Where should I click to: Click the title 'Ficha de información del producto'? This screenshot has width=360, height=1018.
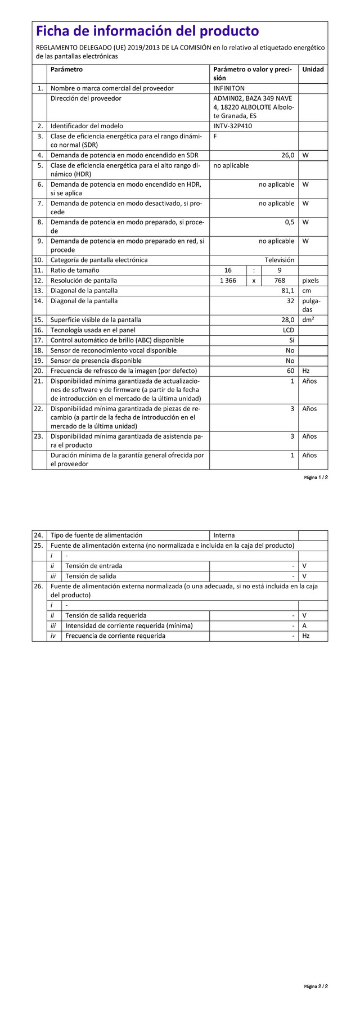pyautogui.click(x=147, y=31)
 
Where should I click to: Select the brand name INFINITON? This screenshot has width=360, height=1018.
pyautogui.click(x=229, y=88)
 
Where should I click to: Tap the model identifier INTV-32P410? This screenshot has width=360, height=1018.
pyautogui.click(x=232, y=126)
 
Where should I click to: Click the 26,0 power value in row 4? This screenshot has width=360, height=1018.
pyautogui.click(x=287, y=155)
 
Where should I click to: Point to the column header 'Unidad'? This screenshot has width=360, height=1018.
pyautogui.click(x=313, y=70)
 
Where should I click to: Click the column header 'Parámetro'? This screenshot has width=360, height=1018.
pyautogui.click(x=66, y=70)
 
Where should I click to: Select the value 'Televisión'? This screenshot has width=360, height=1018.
pyautogui.click(x=280, y=260)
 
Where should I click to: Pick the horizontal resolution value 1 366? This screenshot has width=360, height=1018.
pyautogui.click(x=228, y=281)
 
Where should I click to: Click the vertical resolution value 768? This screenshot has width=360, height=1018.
pyautogui.click(x=280, y=281)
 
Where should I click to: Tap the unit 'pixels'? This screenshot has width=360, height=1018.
pyautogui.click(x=310, y=281)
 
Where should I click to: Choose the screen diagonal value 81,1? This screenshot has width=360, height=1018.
pyautogui.click(x=287, y=291)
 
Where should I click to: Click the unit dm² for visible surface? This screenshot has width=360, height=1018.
pyautogui.click(x=308, y=319)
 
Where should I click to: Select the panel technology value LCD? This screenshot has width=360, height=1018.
pyautogui.click(x=289, y=330)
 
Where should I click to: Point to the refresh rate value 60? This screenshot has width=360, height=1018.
pyautogui.click(x=290, y=371)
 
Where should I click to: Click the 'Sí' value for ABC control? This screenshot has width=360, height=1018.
pyautogui.click(x=291, y=340)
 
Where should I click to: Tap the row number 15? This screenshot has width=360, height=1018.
pyautogui.click(x=38, y=320)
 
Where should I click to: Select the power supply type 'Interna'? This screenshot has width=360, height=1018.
pyautogui.click(x=224, y=535)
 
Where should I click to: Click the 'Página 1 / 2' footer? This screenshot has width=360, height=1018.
pyautogui.click(x=316, y=478)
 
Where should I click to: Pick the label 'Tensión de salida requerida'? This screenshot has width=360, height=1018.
pyautogui.click(x=106, y=615)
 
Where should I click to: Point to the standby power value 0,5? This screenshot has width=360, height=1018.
pyautogui.click(x=289, y=222)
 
